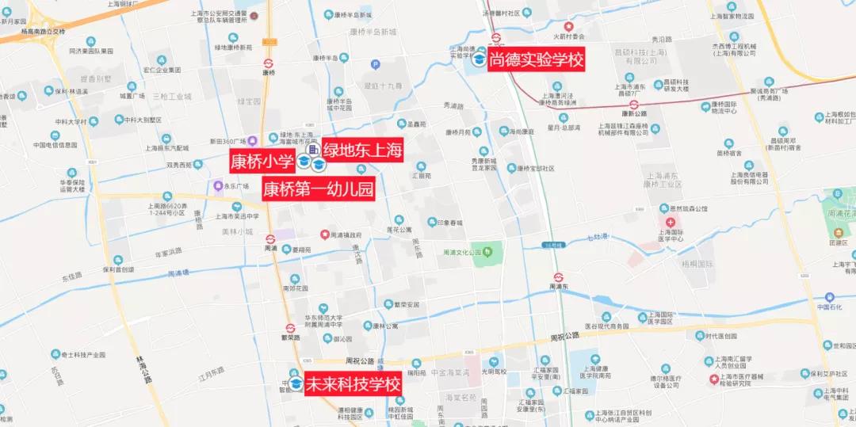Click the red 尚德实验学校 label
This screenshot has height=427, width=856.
pyautogui.click(x=536, y=59)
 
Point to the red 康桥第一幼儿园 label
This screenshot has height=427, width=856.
pyautogui.click(x=318, y=189)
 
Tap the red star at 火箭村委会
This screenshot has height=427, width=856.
pyautogui.click(x=567, y=27)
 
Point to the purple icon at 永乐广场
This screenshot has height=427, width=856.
pyautogui.click(x=218, y=186)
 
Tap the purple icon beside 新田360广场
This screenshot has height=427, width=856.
pyautogui.click(x=251, y=141)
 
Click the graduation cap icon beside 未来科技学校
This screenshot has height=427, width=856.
pyautogui.click(x=296, y=384)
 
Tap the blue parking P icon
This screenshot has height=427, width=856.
pyautogui.click(x=376, y=65)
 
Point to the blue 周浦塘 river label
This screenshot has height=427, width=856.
pyautogui.click(x=178, y=274)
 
